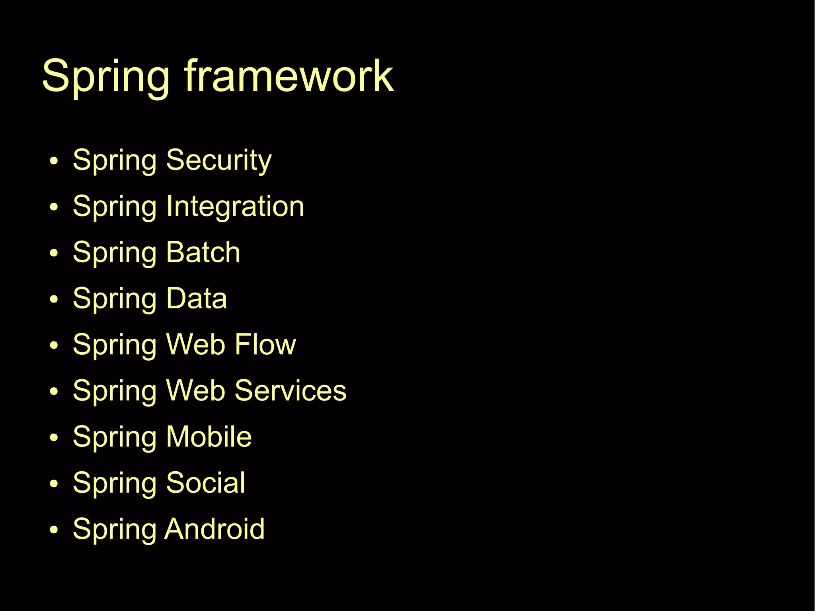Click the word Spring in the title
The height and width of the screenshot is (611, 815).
[x=106, y=76]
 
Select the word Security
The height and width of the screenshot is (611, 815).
[x=219, y=160]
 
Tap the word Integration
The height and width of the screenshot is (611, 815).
[x=235, y=207]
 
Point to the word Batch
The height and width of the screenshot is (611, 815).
[x=203, y=252]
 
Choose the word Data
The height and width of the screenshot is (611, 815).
[x=197, y=299]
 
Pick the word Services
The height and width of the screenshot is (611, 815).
[x=291, y=390]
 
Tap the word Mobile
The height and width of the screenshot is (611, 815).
[x=209, y=437]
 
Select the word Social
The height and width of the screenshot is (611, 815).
[x=206, y=483]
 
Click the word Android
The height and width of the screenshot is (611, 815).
[x=215, y=529]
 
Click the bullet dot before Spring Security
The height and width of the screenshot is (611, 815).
[x=54, y=161]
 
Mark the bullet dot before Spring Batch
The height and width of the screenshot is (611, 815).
[x=54, y=254]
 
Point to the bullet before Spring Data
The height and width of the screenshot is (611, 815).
[x=54, y=300]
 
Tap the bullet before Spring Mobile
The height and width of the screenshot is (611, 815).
[x=54, y=438]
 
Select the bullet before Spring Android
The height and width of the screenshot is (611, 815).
[x=54, y=530]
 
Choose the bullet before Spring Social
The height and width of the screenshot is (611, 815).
[x=54, y=484]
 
